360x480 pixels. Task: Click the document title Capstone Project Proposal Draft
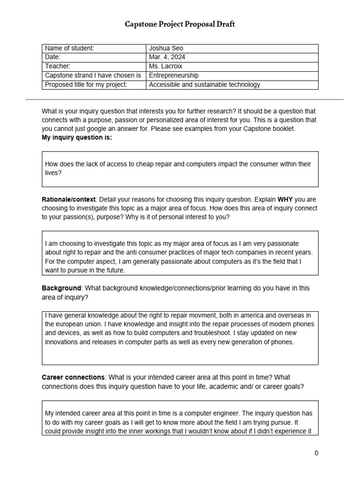(x=180, y=24)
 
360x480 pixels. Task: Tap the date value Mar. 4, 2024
(x=166, y=57)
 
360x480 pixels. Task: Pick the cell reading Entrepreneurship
(x=173, y=75)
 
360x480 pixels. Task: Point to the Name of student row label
(x=69, y=48)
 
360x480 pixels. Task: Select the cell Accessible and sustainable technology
(x=204, y=85)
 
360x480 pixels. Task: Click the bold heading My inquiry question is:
(x=77, y=137)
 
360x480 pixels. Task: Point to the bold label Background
(x=61, y=288)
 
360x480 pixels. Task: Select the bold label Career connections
(x=73, y=377)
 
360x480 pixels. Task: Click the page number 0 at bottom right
(x=316, y=453)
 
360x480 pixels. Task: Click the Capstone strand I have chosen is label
(x=93, y=75)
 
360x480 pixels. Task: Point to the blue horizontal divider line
(x=184, y=99)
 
